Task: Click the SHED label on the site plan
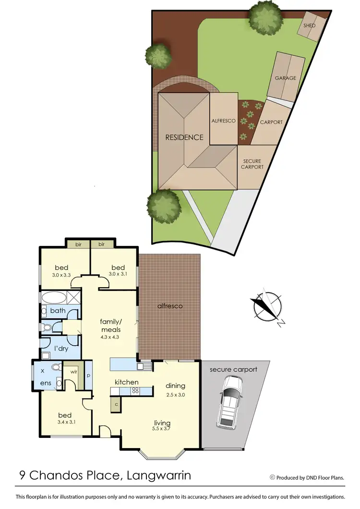click(310, 25)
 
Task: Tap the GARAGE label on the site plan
click(285, 78)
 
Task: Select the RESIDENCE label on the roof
click(184, 137)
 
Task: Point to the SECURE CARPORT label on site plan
click(252, 164)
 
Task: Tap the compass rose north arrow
click(265, 307)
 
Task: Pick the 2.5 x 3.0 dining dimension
click(175, 395)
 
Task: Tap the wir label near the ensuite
click(74, 372)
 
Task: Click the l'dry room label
click(61, 348)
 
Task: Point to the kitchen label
click(126, 382)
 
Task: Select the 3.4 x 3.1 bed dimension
click(65, 423)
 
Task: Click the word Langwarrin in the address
click(157, 475)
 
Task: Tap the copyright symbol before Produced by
click(272, 477)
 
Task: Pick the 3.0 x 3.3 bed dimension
click(63, 275)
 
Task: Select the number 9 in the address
click(23, 475)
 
